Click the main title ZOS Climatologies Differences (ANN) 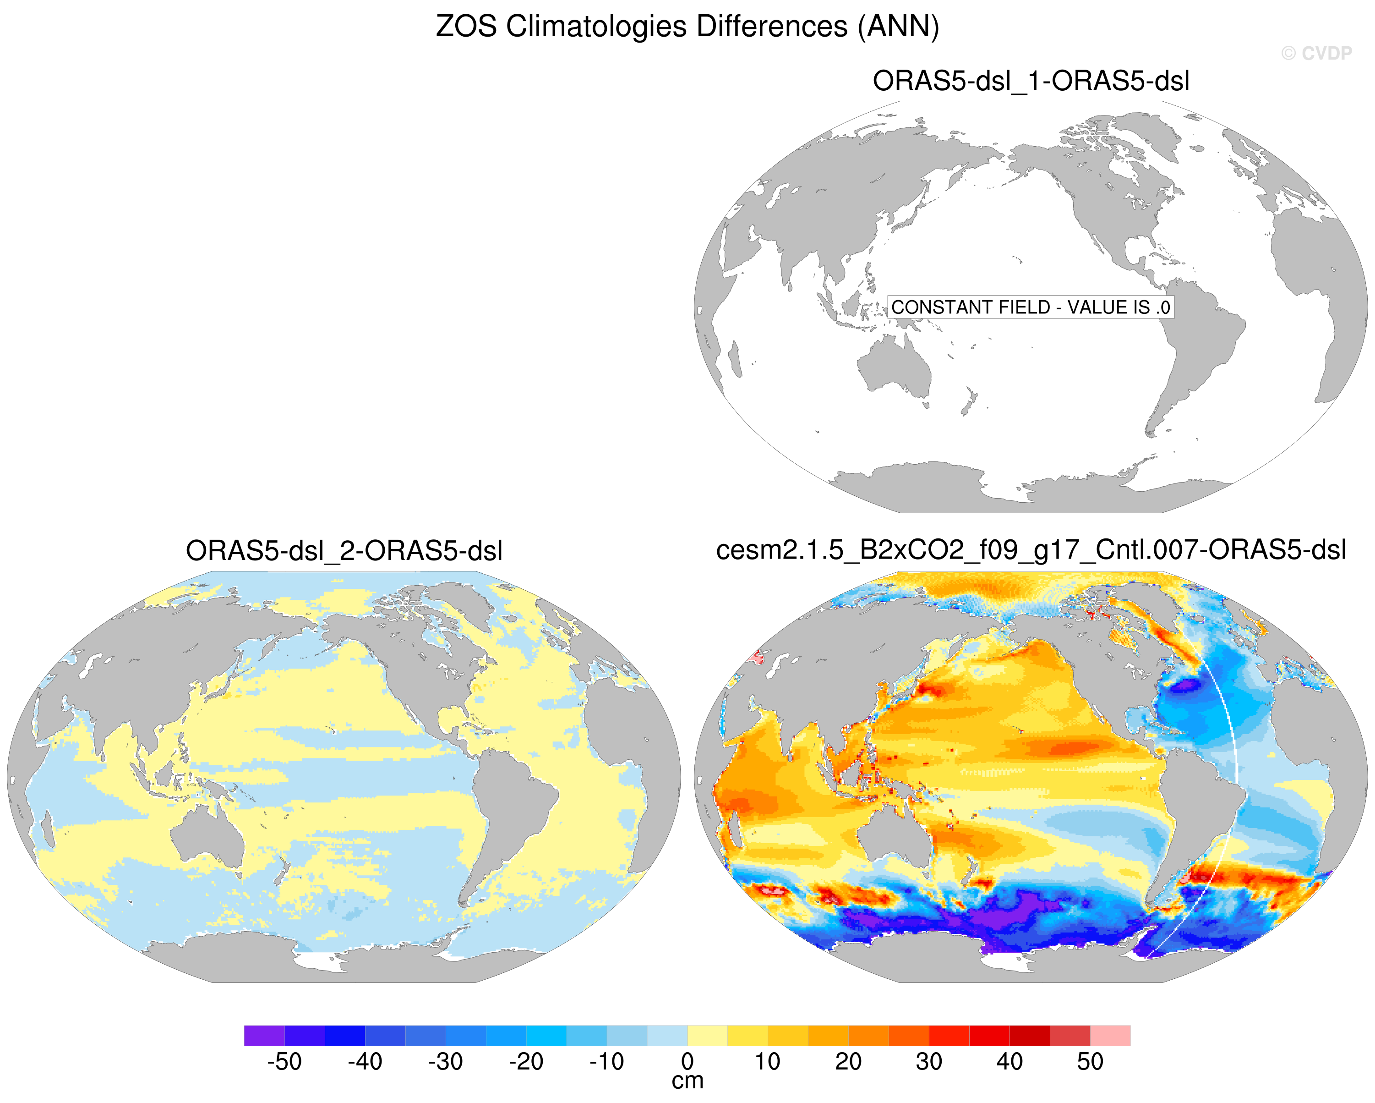coord(687,27)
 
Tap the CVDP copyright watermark coord(1316,54)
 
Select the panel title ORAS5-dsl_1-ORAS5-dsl coord(1031,81)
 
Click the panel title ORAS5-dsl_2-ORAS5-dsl coord(344,550)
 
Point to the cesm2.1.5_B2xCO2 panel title coord(1031,550)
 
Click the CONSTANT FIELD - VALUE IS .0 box coord(1031,307)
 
